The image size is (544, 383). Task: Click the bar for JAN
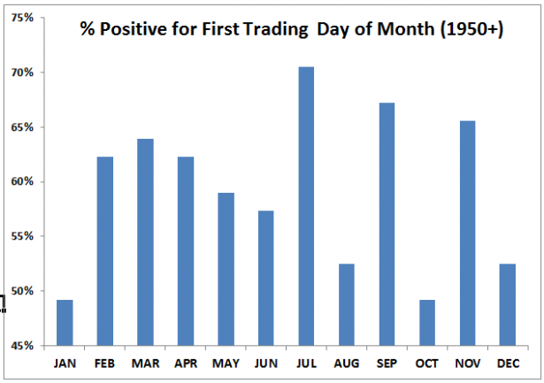(x=65, y=323)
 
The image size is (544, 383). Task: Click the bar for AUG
(x=347, y=305)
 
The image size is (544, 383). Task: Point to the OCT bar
(x=427, y=323)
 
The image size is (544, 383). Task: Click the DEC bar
(x=508, y=305)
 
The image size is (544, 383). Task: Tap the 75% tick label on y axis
(x=23, y=18)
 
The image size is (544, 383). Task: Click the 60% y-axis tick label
(x=23, y=182)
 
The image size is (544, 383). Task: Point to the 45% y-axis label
(x=23, y=346)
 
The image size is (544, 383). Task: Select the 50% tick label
(x=23, y=291)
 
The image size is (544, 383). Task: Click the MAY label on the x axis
(x=226, y=362)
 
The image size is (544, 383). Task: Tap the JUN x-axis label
(x=265, y=362)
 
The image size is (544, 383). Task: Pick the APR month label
(x=185, y=362)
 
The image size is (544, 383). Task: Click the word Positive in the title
(x=131, y=31)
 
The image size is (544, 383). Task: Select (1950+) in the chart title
(x=471, y=31)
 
